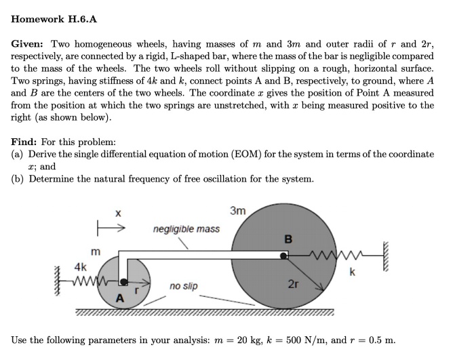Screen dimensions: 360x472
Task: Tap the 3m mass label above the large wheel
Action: point(237,212)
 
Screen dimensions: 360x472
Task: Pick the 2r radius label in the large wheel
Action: point(292,283)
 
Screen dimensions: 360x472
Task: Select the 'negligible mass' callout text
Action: point(186,229)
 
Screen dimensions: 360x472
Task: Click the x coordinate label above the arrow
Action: point(117,213)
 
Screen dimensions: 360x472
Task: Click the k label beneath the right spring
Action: point(352,273)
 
